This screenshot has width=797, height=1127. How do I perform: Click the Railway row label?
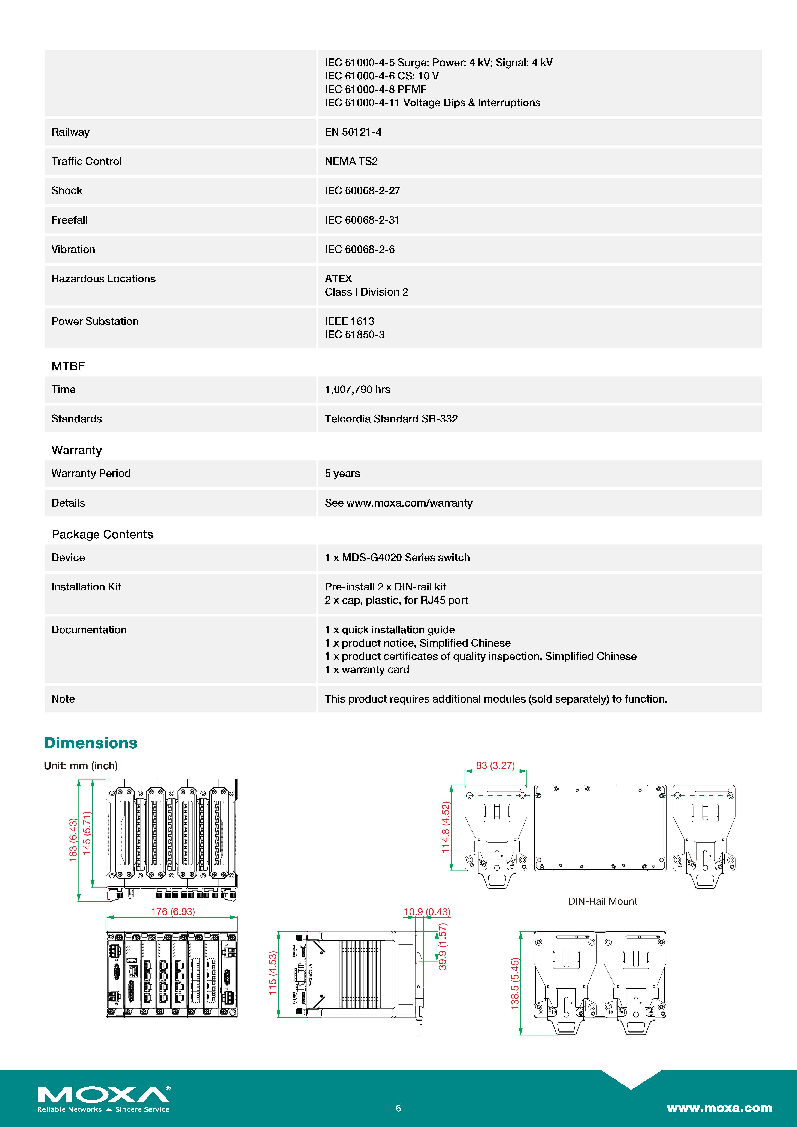point(71,132)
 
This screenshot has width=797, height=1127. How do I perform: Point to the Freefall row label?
point(70,220)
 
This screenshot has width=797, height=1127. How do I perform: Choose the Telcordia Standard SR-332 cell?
point(391,419)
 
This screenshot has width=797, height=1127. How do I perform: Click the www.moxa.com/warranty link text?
point(409,503)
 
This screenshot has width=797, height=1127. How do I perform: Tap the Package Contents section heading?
point(102,535)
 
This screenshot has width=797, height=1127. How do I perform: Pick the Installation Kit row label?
point(86,587)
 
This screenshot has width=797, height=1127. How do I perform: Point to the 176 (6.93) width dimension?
point(173,912)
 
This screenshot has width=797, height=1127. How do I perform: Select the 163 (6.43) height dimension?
point(73,840)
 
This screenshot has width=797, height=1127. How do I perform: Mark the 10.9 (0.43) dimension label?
point(426,912)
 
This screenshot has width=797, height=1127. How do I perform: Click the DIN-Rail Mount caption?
point(602,901)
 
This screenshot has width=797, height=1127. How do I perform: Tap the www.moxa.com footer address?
point(719,1108)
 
